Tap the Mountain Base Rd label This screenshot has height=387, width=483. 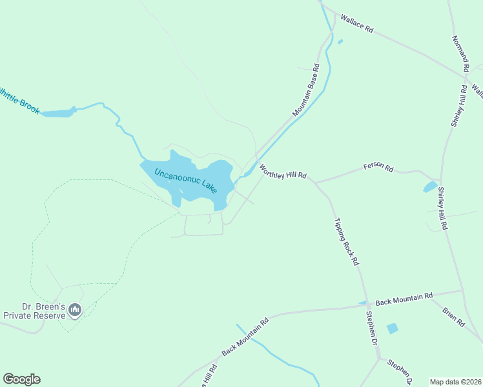(x=306, y=90)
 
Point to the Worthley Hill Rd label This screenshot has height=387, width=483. (x=282, y=172)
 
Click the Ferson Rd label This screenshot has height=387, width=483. (x=378, y=168)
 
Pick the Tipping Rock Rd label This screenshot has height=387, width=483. (x=346, y=243)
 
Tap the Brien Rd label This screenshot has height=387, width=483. (x=453, y=316)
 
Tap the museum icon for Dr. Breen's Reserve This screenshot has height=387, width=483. (x=76, y=311)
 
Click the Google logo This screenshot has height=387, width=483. (x=21, y=379)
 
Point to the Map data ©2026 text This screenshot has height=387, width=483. (x=455, y=381)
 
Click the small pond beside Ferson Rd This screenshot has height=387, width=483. (x=429, y=187)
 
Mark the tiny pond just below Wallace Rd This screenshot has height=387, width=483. (x=340, y=42)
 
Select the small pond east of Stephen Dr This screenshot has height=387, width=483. (x=392, y=328)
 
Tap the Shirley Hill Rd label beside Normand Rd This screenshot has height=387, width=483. (x=458, y=105)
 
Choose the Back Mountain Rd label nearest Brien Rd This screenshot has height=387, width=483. (x=404, y=299)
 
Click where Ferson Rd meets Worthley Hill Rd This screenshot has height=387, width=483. (x=315, y=182)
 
